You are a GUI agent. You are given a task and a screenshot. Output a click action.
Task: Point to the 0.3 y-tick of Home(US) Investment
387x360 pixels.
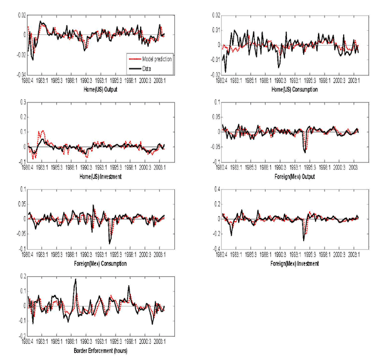tap(23, 102)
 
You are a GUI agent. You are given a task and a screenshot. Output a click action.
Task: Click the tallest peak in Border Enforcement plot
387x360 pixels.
tap(75, 279)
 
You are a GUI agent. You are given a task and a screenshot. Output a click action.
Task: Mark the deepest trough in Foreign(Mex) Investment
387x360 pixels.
tap(303, 240)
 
